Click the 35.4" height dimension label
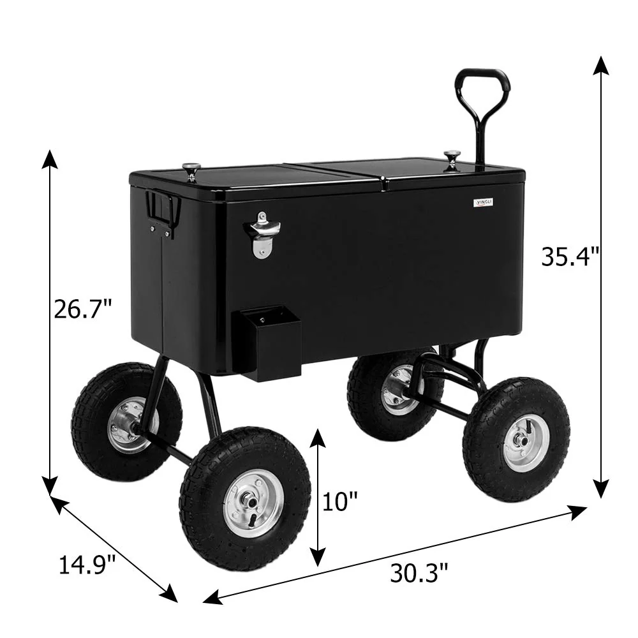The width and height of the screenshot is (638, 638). click(570, 256)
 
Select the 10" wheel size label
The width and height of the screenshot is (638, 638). click(339, 502)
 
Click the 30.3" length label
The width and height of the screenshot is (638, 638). click(419, 572)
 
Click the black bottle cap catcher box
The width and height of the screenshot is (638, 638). click(266, 342)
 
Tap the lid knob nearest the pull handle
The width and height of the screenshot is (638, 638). click(452, 158)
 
